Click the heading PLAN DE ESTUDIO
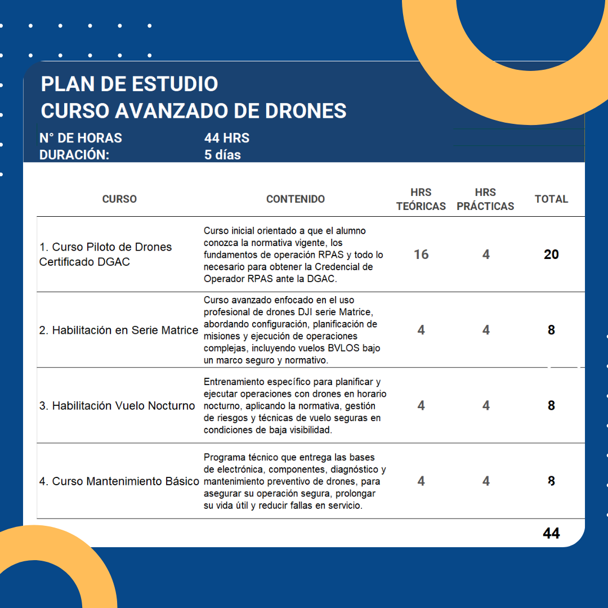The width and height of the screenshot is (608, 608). (x=129, y=84)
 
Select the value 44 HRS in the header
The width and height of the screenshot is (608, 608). (x=227, y=138)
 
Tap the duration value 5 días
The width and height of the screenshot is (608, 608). (x=222, y=155)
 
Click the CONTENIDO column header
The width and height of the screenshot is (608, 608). (x=296, y=199)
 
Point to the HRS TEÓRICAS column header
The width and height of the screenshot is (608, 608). (x=421, y=199)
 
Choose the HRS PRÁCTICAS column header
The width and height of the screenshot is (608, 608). (x=485, y=199)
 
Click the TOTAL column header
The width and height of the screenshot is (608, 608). (x=551, y=199)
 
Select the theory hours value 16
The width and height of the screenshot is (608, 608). (x=421, y=254)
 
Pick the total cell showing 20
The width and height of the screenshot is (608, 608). (x=551, y=254)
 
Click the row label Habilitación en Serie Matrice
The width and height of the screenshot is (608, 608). (x=119, y=330)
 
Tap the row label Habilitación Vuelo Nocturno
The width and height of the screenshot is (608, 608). (x=117, y=406)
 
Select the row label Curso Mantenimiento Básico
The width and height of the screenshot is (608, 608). (x=119, y=481)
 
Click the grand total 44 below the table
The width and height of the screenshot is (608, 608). (x=551, y=533)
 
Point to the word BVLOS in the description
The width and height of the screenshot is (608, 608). (x=342, y=348)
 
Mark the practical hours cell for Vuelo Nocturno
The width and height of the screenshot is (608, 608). (x=486, y=406)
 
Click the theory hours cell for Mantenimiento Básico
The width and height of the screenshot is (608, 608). (x=421, y=481)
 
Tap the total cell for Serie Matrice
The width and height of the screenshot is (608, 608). (x=551, y=330)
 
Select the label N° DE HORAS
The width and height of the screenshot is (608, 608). (x=81, y=138)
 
